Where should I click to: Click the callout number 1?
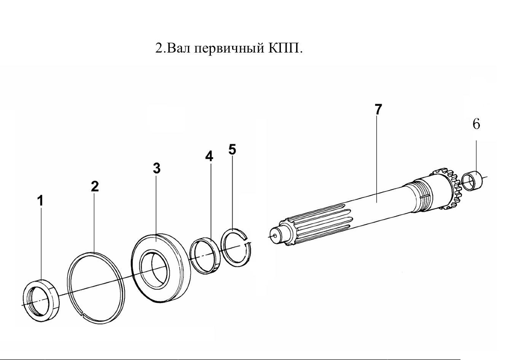[x=41, y=201]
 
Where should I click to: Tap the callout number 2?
[x=95, y=186]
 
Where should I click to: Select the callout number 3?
[x=157, y=168]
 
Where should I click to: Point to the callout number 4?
[x=209, y=156]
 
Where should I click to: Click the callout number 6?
[x=476, y=124]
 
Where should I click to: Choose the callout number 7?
[x=378, y=109]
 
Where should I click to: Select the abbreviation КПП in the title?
[x=284, y=48]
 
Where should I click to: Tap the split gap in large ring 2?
[x=83, y=313]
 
